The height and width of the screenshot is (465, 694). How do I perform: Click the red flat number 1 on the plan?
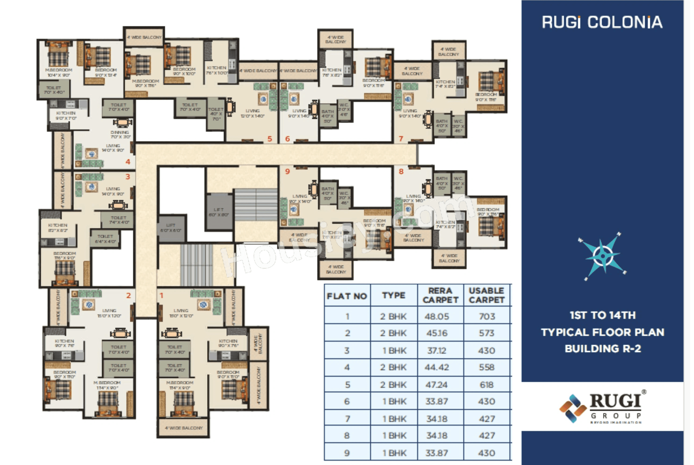point(162,296)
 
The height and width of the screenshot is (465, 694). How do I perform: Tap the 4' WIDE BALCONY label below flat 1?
point(184,428)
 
